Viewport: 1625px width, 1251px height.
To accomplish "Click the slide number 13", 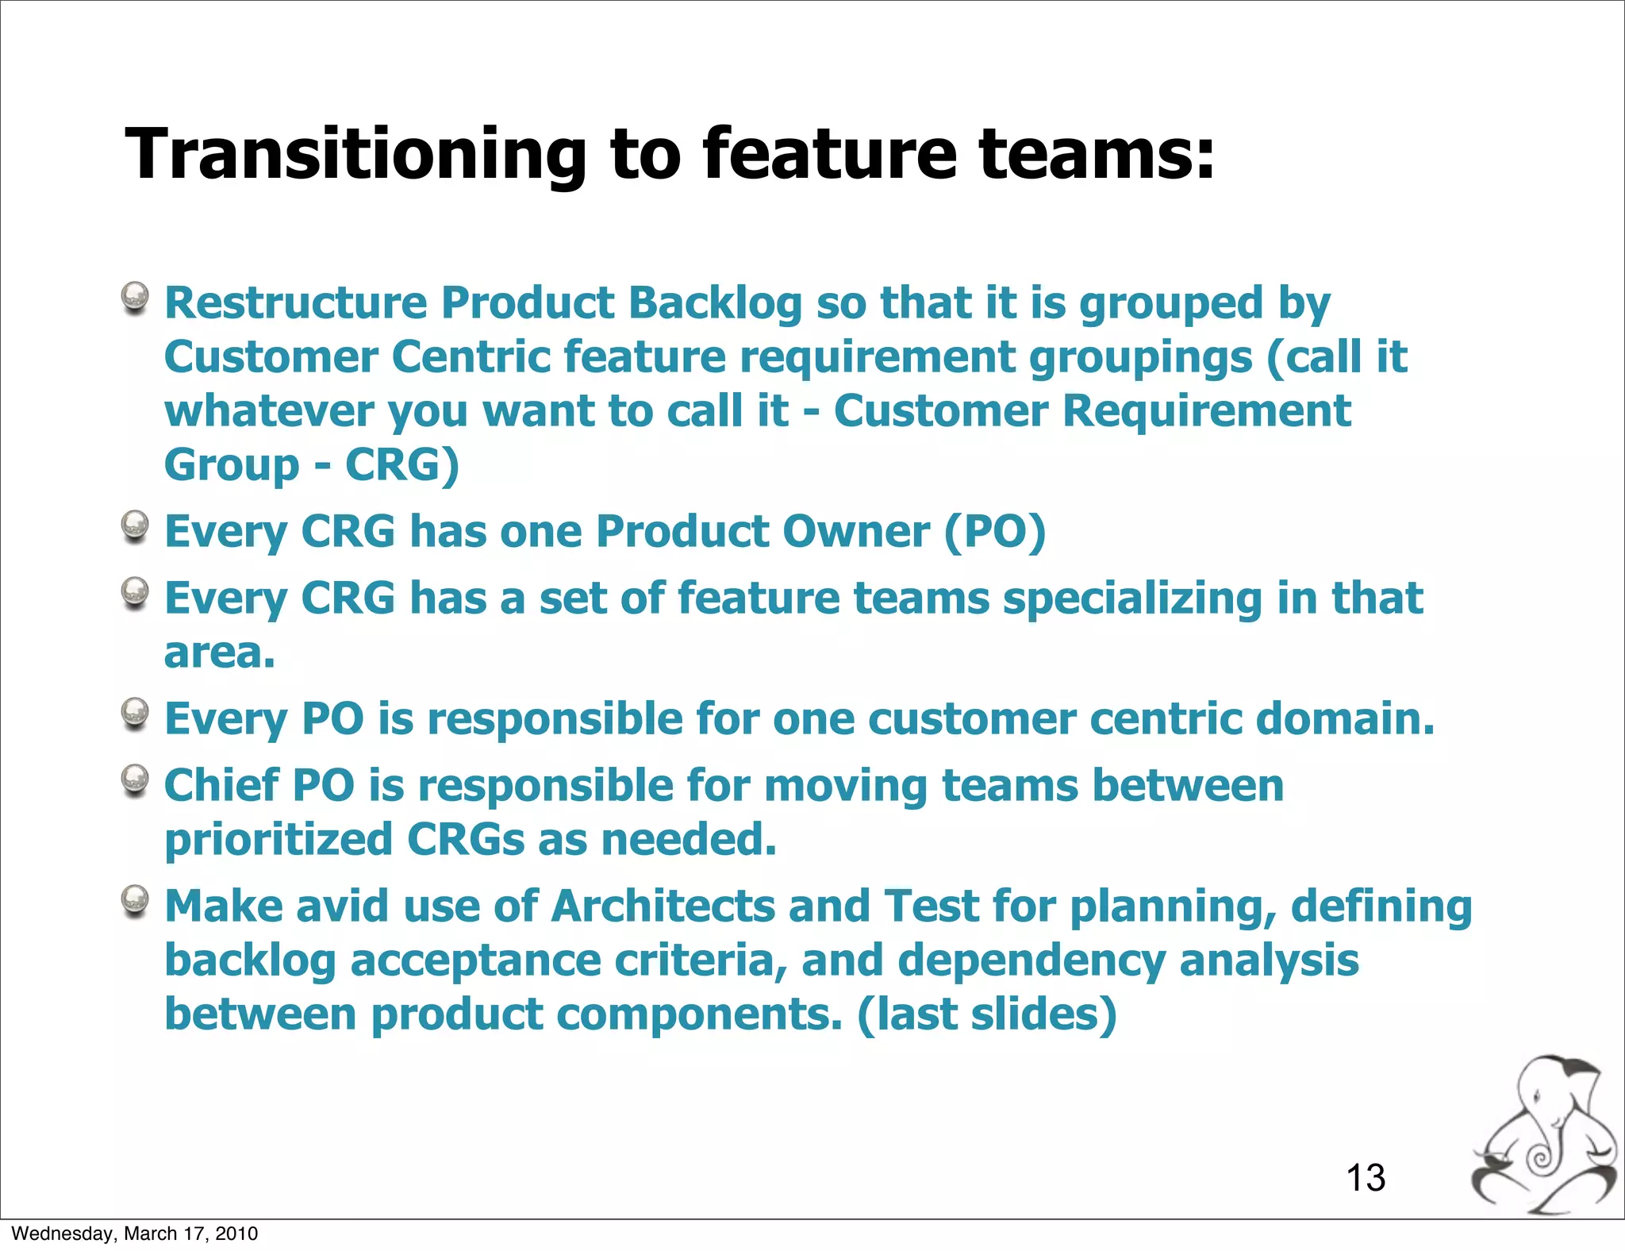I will pos(1365,1177).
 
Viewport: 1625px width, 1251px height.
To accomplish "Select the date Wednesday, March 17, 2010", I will pos(135,1234).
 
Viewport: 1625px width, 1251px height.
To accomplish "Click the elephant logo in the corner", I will pos(1543,1135).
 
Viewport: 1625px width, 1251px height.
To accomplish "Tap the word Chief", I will pos(221,785).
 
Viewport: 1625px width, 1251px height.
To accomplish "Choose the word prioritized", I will pos(279,840).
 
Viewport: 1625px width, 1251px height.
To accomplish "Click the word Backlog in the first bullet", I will pos(715,303).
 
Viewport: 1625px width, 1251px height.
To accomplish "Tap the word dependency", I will pos(1031,960).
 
